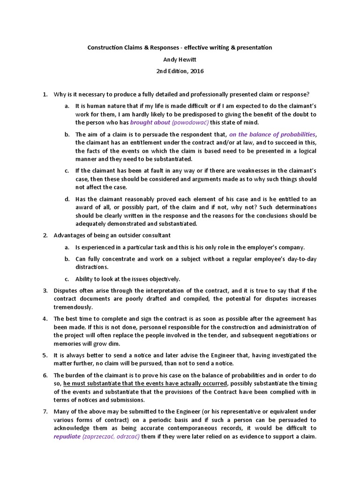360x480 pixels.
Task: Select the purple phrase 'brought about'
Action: (150, 122)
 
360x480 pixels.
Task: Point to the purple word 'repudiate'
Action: (67, 436)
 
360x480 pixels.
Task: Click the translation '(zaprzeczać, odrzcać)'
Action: (111, 436)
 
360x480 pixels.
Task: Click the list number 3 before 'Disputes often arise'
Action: (45, 291)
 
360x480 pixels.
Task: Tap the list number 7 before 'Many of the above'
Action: (45, 412)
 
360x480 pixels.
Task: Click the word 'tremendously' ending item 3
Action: (73, 307)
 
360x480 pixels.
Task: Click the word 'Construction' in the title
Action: (105, 47)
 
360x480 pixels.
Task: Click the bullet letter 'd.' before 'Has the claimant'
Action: (67, 199)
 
